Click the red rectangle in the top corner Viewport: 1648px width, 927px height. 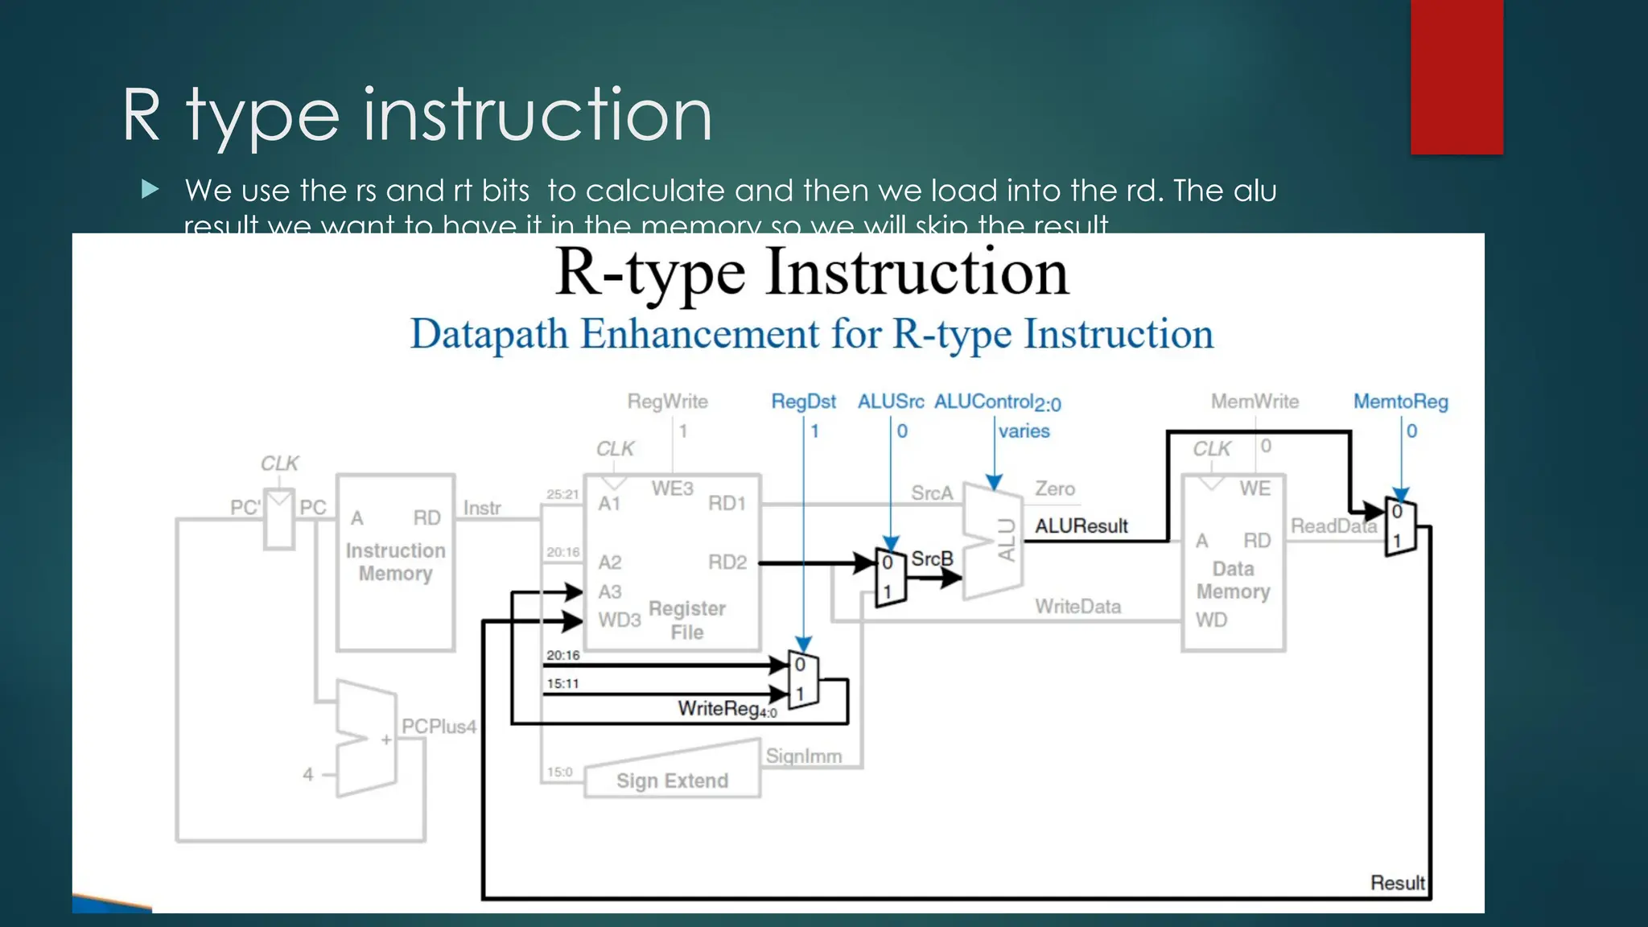1456,76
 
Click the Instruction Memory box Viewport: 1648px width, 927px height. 395,562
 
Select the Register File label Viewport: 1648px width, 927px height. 686,620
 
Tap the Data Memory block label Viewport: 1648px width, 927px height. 1233,580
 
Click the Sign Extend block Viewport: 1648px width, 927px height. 672,780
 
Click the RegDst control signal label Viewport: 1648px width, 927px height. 803,402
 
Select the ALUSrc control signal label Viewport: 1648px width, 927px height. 890,402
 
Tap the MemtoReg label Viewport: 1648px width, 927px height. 1400,402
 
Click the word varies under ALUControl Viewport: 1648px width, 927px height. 1024,431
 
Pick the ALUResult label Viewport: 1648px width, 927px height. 1081,526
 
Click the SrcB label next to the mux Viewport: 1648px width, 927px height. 932,558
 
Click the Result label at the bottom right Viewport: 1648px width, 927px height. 1397,883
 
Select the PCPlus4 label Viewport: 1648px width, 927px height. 439,727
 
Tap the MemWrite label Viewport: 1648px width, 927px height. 1255,402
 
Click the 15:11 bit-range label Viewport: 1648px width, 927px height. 562,684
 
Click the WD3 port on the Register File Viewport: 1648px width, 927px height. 619,620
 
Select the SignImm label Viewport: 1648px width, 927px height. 803,756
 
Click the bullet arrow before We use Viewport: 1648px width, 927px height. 150,190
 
